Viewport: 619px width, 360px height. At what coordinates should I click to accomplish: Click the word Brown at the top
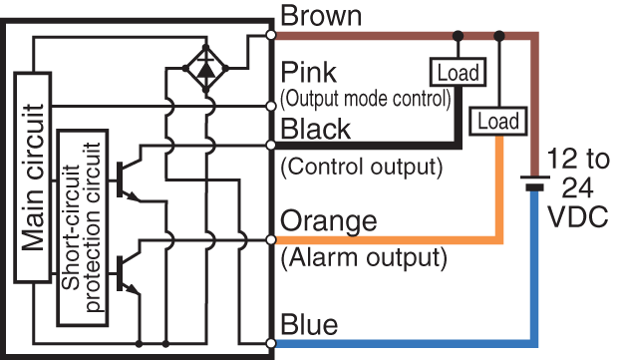coord(322,16)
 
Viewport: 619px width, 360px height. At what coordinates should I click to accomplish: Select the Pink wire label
coord(309,74)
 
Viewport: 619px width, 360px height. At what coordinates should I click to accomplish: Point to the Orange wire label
coord(328,220)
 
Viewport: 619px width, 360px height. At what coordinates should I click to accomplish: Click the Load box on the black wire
coord(457,72)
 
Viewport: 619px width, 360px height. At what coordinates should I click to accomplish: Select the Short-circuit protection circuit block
coord(81,226)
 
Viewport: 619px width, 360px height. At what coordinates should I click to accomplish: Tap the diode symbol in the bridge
coord(205,68)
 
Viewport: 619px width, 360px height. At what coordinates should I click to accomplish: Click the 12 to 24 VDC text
coord(577,188)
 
